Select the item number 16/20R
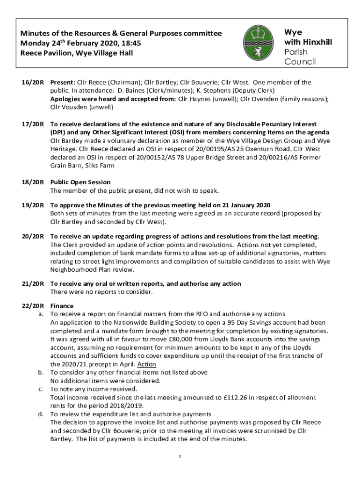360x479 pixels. [x=32, y=82]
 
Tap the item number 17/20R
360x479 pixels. [x=32, y=124]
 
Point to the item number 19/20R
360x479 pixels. [x=32, y=206]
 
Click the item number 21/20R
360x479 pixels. [x=32, y=284]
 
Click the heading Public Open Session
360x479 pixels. [x=80, y=182]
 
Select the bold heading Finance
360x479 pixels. [x=62, y=306]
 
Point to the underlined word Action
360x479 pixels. [x=147, y=364]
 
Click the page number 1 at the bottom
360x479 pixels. [x=180, y=456]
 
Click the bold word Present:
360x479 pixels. [x=63, y=82]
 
